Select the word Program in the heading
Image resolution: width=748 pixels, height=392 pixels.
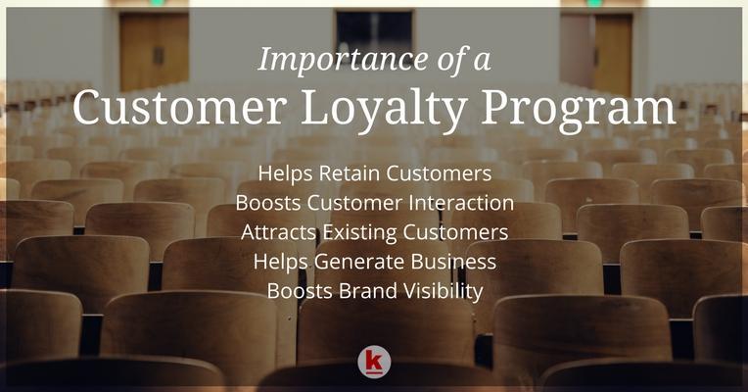tap(578, 110)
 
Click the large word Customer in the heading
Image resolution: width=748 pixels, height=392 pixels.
tap(180, 107)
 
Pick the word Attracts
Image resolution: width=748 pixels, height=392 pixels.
tap(279, 232)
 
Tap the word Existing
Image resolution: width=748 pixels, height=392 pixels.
tap(360, 233)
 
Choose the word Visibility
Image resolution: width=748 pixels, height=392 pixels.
tap(440, 292)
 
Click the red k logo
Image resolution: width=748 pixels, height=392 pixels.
tap(374, 362)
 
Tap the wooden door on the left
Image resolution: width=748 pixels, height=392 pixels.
tap(154, 50)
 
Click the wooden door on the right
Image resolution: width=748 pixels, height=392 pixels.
tap(614, 54)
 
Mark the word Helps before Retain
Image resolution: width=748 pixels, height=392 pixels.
tap(285, 173)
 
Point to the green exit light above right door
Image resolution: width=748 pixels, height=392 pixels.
tap(594, 3)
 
